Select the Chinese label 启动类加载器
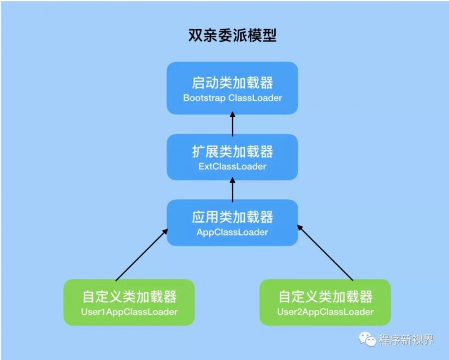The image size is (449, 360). (232, 83)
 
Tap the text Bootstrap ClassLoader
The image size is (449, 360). (232, 98)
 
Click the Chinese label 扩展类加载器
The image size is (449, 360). (232, 152)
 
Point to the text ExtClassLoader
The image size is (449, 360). (232, 167)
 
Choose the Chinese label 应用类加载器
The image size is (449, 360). (232, 217)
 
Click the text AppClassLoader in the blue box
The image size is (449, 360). (232, 232)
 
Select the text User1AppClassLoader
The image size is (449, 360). (129, 312)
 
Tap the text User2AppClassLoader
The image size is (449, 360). (325, 312)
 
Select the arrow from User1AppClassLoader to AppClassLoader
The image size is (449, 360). (141, 255)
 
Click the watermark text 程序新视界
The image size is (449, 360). (406, 340)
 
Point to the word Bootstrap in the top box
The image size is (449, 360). (204, 98)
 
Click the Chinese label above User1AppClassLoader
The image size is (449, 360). (129, 297)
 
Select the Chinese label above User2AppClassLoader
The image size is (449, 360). (325, 297)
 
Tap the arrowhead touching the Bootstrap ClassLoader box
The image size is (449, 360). (232, 117)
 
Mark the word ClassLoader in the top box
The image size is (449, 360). (255, 98)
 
